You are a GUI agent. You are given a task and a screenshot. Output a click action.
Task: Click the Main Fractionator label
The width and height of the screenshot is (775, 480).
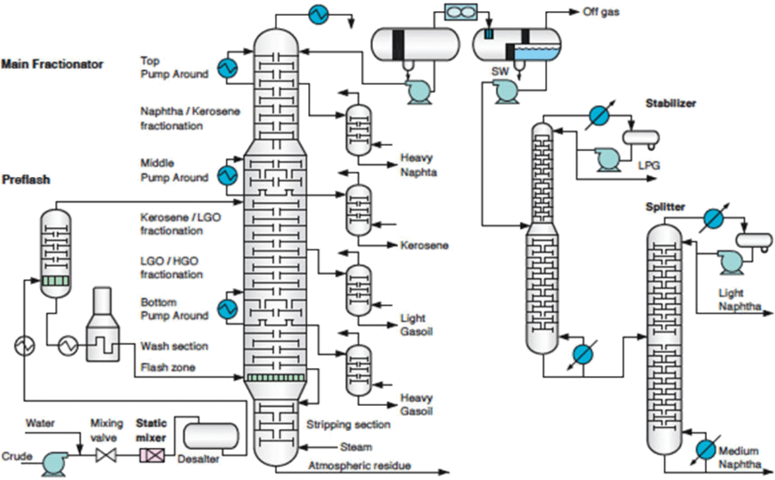52,64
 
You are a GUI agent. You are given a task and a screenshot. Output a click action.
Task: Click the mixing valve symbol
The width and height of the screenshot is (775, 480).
102,456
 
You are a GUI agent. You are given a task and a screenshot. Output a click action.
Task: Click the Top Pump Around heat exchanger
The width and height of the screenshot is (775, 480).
226,67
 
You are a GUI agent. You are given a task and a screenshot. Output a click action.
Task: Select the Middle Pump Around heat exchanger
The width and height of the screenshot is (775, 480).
227,176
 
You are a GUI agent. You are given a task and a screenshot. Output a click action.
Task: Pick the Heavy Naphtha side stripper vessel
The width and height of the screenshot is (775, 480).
358,130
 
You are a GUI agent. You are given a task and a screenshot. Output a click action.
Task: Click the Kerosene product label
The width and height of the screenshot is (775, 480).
425,246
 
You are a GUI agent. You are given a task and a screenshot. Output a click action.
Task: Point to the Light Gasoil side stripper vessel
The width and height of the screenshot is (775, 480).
358,290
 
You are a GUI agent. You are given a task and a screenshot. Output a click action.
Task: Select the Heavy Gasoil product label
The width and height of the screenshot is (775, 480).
417,405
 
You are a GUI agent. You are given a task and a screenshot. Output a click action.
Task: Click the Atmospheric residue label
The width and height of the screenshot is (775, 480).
360,466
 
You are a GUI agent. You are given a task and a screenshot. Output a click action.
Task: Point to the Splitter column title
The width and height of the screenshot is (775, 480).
663,207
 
